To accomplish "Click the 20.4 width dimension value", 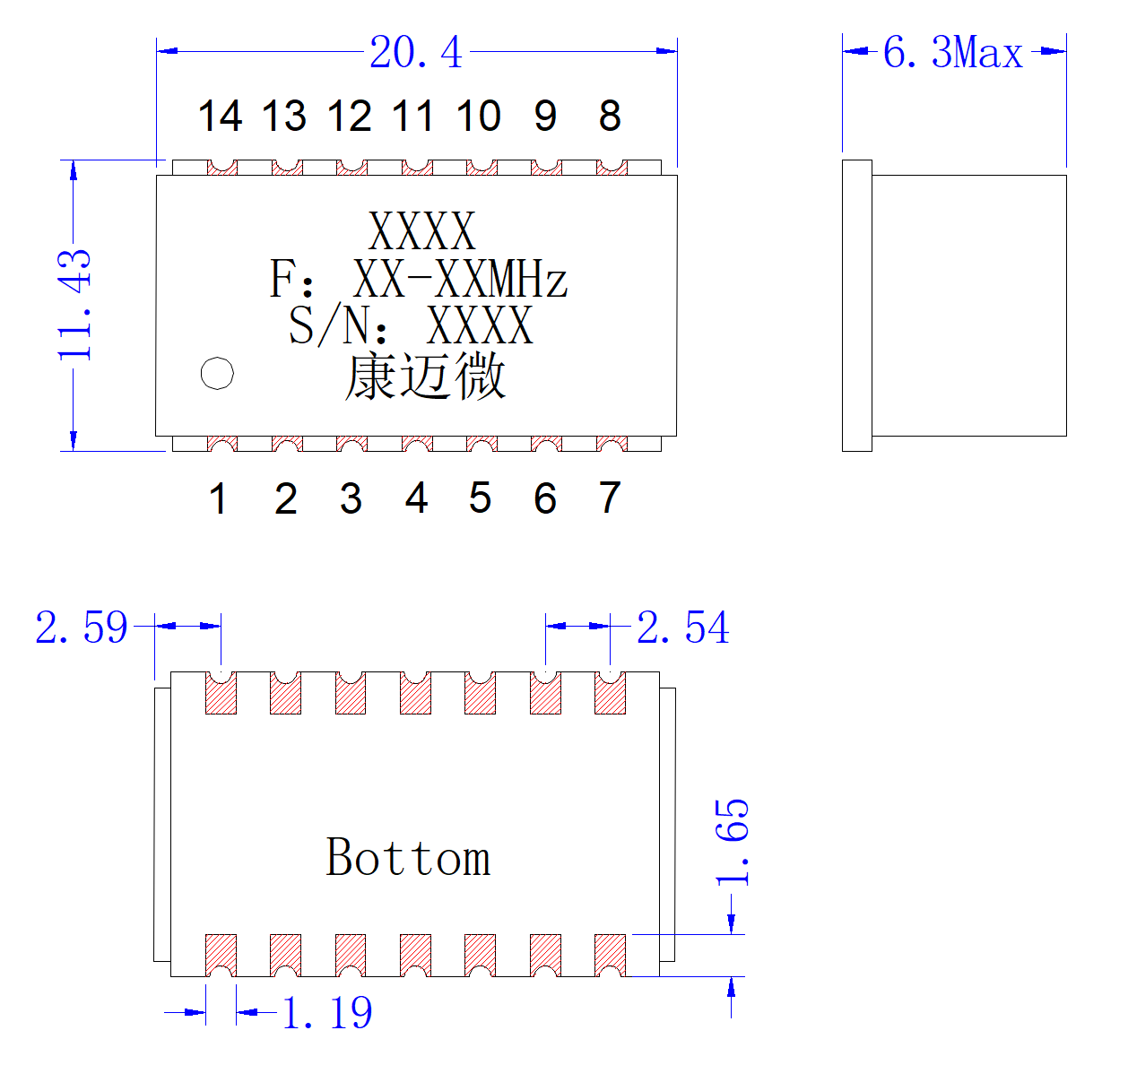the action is click(x=416, y=52).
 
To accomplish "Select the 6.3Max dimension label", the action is click(x=952, y=52).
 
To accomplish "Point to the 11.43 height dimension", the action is click(x=74, y=305).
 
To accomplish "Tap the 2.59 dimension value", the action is click(x=82, y=627).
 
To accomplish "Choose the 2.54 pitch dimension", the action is click(x=682, y=627).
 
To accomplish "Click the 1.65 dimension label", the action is click(x=732, y=842).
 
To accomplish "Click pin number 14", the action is click(x=221, y=116).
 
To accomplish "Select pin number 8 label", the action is click(x=610, y=116).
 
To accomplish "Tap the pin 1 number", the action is click(x=219, y=498).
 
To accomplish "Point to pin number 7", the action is click(x=610, y=498).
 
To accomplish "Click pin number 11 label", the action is click(x=413, y=116).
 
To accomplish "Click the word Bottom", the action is click(x=408, y=858).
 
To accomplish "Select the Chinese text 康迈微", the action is click(x=425, y=376).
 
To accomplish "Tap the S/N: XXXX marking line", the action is click(x=411, y=325).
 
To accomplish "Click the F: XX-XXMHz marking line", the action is click(x=418, y=278).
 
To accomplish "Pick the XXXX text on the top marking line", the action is click(x=421, y=230).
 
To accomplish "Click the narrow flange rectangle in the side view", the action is click(x=856, y=306).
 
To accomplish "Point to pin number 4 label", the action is click(x=416, y=498).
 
